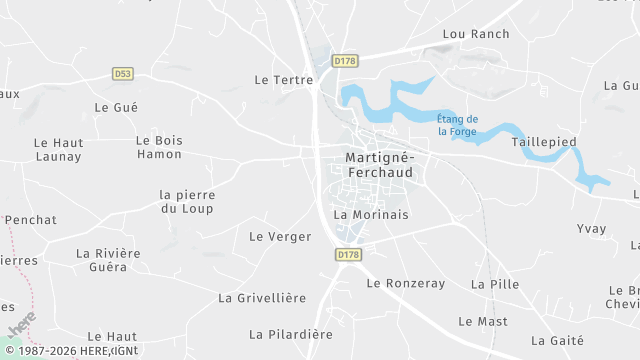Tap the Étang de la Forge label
click(458, 125)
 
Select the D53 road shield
click(123, 73)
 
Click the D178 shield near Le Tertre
click(345, 61)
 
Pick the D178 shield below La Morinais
click(348, 255)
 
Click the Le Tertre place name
click(278, 79)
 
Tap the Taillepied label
click(544, 142)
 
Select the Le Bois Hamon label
click(159, 147)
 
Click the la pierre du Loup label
click(187, 201)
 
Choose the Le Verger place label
click(280, 237)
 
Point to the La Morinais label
click(371, 214)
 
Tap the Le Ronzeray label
click(405, 283)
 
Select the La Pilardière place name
click(291, 334)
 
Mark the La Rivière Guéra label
click(109, 260)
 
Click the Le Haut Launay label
click(58, 149)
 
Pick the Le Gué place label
click(116, 107)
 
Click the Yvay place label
click(592, 228)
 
